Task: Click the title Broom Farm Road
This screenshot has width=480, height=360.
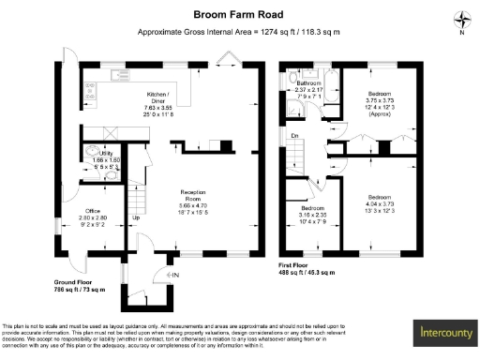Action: coord(239,15)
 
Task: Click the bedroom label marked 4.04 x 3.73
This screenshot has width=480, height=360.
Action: coord(380,202)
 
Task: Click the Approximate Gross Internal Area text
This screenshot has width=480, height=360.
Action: coord(238,32)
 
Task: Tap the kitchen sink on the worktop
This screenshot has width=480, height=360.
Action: coord(119,74)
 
